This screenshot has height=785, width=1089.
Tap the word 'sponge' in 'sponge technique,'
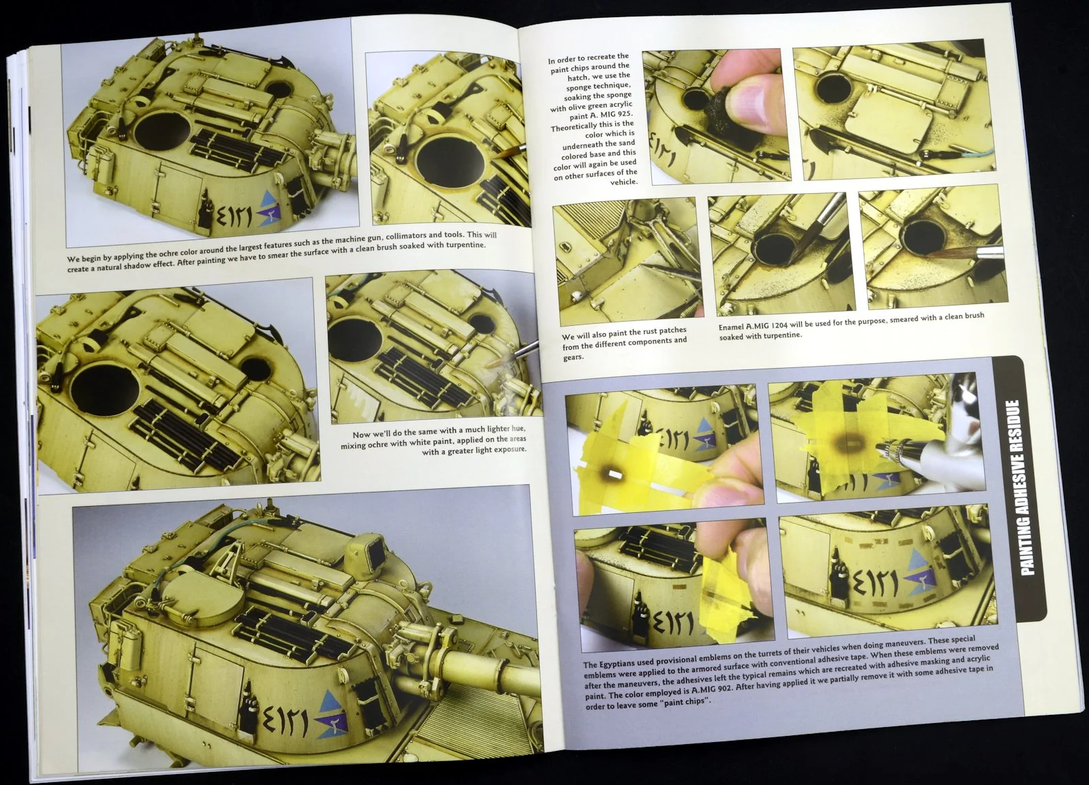click(578, 88)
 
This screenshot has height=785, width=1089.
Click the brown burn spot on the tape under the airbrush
click(851, 443)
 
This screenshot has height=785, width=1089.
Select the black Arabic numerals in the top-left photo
click(231, 215)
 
